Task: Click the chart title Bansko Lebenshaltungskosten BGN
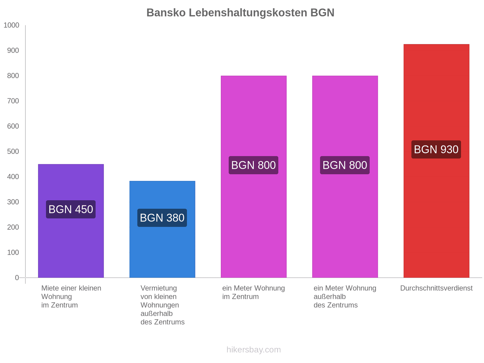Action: coord(240,13)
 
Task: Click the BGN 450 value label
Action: coord(71,209)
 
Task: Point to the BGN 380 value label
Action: coord(162,218)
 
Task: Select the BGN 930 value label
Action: coord(436,149)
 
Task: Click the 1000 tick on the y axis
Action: coord(11,25)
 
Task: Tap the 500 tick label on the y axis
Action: coord(13,152)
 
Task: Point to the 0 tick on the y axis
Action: coord(17,278)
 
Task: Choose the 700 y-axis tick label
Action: coord(13,101)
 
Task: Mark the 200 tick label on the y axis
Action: coord(13,227)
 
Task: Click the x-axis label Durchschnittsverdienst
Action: coord(436,288)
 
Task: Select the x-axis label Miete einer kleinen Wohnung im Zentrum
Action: coord(71,296)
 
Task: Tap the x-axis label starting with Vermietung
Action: coord(162,305)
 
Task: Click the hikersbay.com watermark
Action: coord(253,350)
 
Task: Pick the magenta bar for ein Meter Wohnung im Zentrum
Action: coord(253,227)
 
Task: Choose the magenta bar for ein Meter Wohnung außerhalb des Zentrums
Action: coord(345,227)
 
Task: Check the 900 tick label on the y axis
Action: coord(13,51)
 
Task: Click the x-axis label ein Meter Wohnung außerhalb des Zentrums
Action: coord(345,296)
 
